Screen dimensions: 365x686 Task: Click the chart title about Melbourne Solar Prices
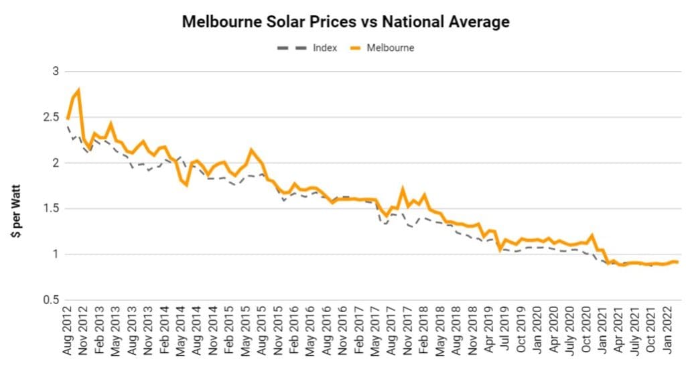(x=346, y=22)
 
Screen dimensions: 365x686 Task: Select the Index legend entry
(x=324, y=48)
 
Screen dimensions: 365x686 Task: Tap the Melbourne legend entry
(x=390, y=48)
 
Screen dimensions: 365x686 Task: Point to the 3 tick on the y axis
(x=56, y=72)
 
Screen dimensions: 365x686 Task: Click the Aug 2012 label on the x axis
(x=68, y=334)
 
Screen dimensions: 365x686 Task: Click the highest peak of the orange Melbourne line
(x=79, y=90)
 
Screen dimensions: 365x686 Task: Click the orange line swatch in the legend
(x=352, y=48)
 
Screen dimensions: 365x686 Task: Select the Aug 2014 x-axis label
(x=196, y=334)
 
